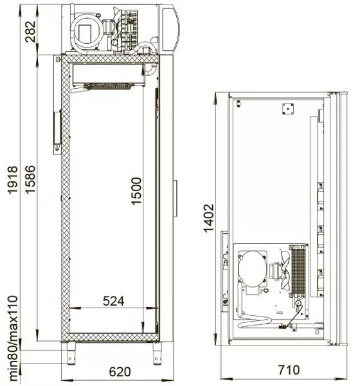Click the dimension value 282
click(30, 32)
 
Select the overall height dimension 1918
click(13, 180)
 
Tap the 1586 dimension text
click(30, 179)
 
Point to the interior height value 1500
click(136, 191)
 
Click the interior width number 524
click(113, 301)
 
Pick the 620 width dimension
click(120, 371)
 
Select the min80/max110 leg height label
click(13, 338)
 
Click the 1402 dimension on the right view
click(208, 218)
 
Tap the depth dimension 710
click(289, 370)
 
